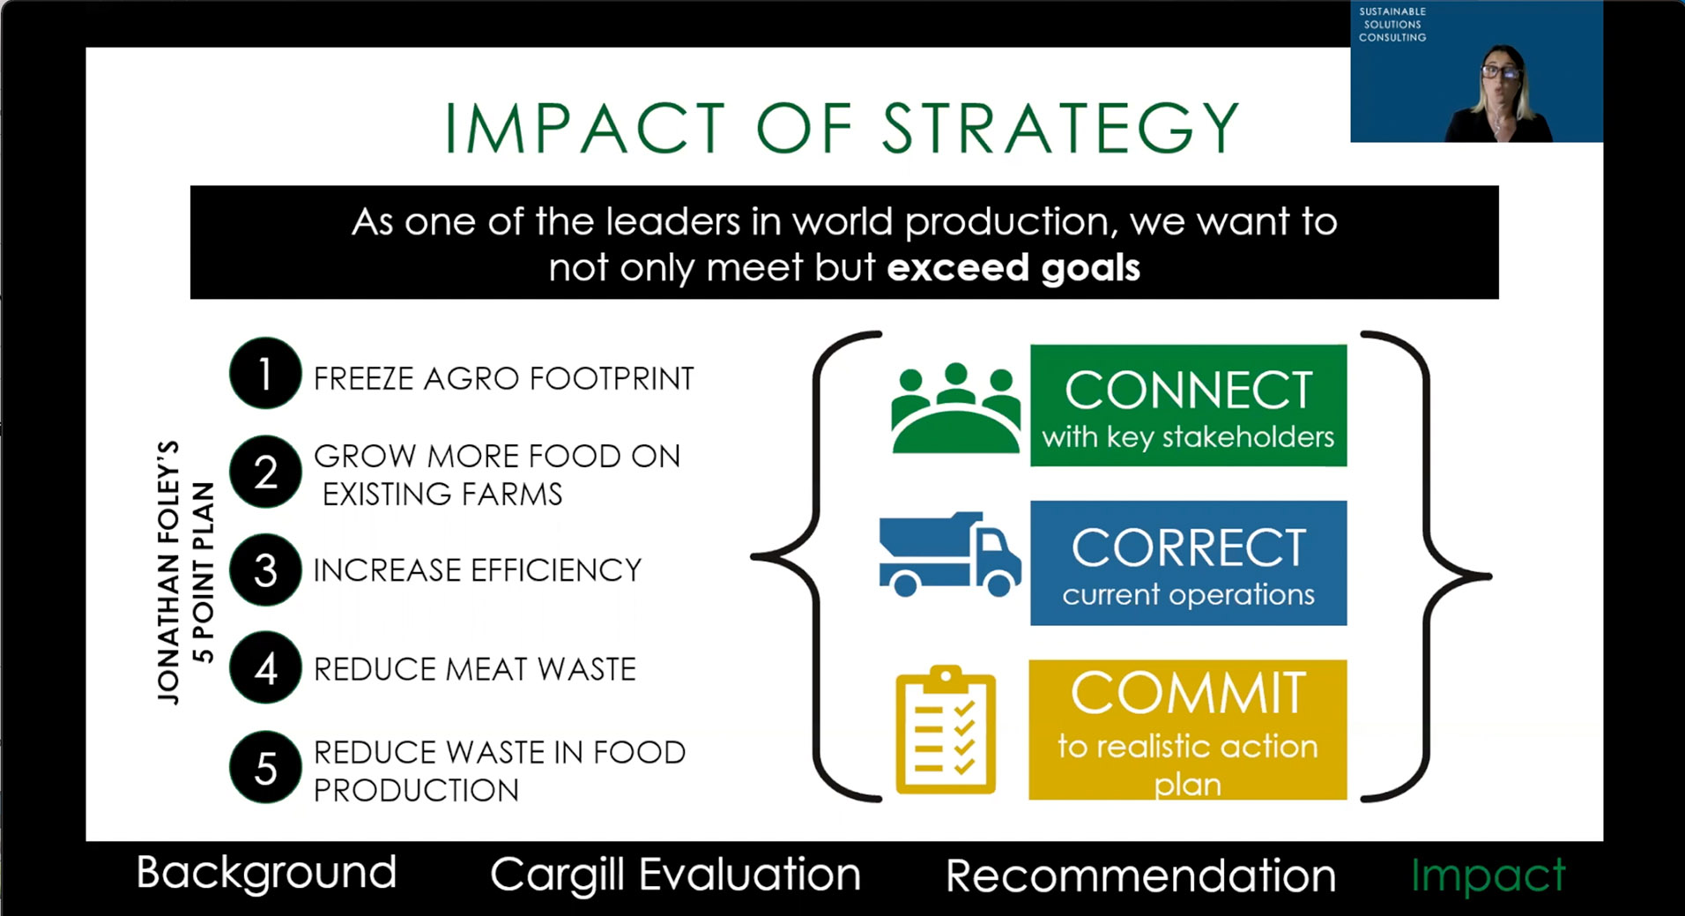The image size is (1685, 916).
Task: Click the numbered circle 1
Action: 265,374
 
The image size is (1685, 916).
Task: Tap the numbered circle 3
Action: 265,570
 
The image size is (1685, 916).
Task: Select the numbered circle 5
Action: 265,767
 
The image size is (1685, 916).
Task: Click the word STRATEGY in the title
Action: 1061,129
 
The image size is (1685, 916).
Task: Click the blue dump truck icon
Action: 950,555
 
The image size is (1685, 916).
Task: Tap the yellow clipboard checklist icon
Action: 946,730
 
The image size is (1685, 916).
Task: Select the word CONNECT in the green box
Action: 1188,390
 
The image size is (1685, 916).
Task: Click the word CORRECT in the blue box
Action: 1188,547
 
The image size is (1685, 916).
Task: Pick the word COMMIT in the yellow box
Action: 1188,693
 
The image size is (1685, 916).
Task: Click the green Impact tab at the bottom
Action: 1488,875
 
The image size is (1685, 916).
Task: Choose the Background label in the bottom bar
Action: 266,873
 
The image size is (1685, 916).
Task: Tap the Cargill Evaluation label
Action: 675,875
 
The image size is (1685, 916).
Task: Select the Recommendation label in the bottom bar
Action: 1140,875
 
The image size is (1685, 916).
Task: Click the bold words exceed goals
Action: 1013,267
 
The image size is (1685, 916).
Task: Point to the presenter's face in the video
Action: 1500,74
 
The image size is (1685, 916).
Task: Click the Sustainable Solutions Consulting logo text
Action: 1392,25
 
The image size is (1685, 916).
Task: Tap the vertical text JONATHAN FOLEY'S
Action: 167,572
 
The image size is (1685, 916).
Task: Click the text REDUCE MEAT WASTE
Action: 474,669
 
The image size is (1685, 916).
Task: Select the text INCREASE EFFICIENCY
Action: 478,570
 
